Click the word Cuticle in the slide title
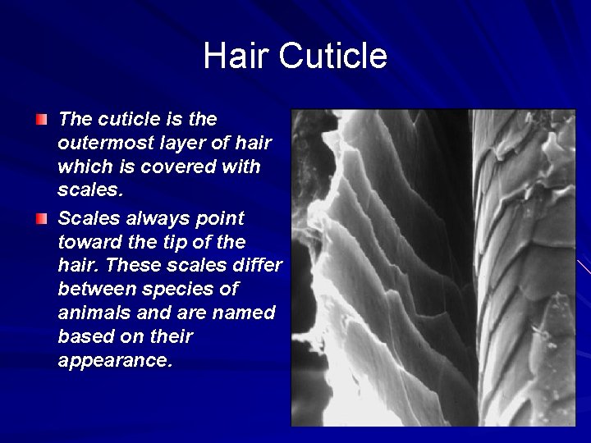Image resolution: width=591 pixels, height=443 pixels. coord(332,56)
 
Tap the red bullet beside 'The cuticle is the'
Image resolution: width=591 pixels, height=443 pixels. coord(42,120)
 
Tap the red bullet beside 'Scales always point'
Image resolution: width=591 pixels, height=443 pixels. coord(42,219)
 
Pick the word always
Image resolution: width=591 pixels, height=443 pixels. coord(149,218)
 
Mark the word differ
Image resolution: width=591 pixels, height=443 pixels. coord(255,266)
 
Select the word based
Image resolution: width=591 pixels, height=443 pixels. coord(83,337)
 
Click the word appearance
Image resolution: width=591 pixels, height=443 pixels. coord(115,361)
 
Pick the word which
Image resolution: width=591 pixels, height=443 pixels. coord(81,167)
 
